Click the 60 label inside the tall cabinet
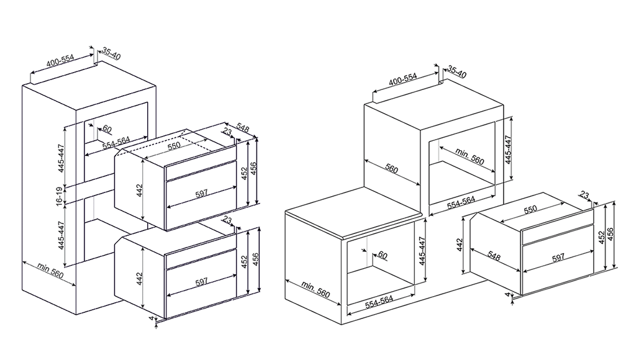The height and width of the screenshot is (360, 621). click(106, 129)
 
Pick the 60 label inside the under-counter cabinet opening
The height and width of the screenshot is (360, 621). click(382, 256)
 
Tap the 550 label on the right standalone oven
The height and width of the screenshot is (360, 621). click(530, 210)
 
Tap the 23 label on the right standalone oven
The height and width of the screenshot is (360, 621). click(585, 196)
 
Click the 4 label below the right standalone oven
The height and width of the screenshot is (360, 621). click(507, 295)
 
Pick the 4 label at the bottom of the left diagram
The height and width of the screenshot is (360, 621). click(152, 319)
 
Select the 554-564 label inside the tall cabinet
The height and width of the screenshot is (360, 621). click(116, 141)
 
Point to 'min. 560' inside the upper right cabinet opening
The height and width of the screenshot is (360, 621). click(469, 156)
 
